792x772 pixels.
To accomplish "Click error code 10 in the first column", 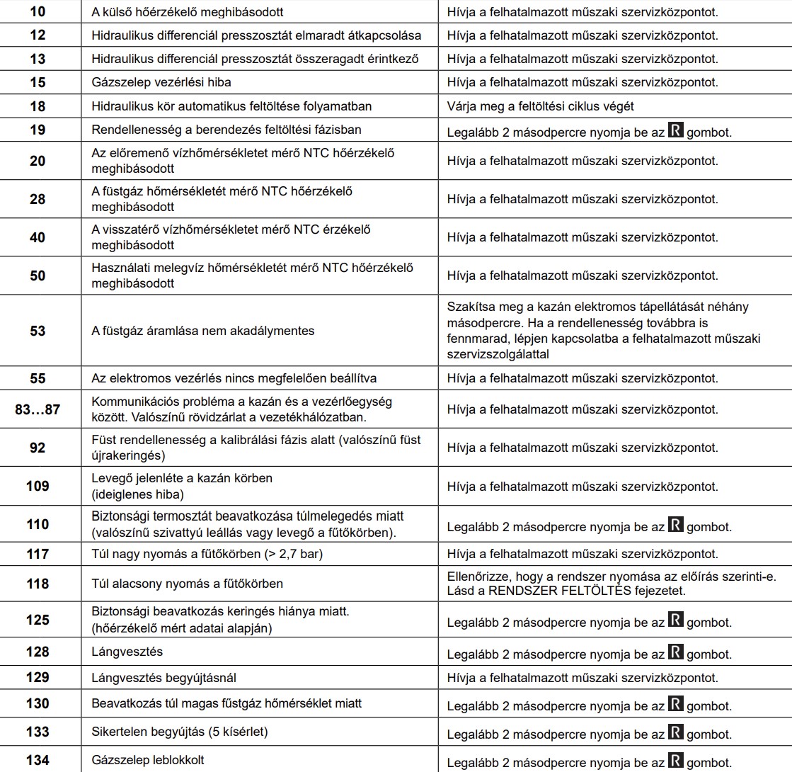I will pyautogui.click(x=38, y=12).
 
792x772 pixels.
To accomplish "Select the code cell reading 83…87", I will pyautogui.click(x=38, y=409).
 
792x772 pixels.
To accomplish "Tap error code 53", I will pyautogui.click(x=38, y=330).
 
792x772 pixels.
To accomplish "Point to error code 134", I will pyautogui.click(x=38, y=760).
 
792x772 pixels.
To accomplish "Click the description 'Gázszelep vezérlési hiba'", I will pyautogui.click(x=161, y=82).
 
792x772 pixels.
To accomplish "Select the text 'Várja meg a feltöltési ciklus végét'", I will pyautogui.click(x=540, y=106).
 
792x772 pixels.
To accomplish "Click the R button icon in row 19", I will pyautogui.click(x=676, y=132).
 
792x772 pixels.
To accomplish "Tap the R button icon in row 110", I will pyautogui.click(x=676, y=526).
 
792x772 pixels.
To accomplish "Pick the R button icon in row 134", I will pyautogui.click(x=676, y=762).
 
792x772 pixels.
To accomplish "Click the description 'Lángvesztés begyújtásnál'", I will pyautogui.click(x=164, y=678).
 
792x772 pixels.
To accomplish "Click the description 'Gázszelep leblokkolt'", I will pyautogui.click(x=149, y=760).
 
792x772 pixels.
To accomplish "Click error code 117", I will pyautogui.click(x=38, y=554).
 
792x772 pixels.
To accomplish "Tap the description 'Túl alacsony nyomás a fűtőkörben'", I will pyautogui.click(x=188, y=584).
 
